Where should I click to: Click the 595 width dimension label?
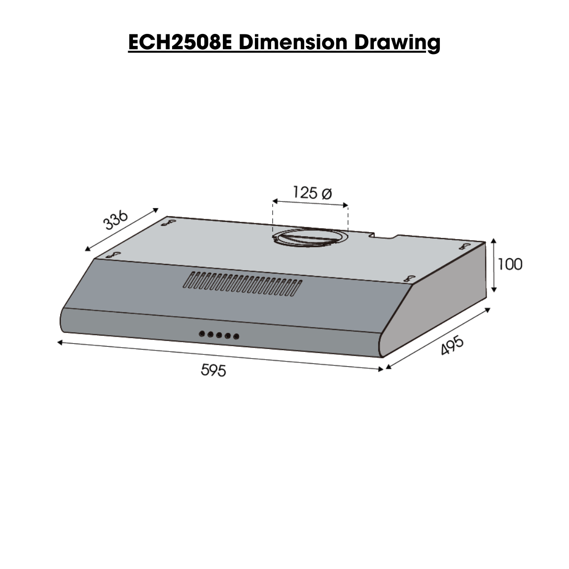pyautogui.click(x=213, y=370)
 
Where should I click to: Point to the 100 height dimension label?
pyautogui.click(x=510, y=264)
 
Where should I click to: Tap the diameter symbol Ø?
pyautogui.click(x=327, y=193)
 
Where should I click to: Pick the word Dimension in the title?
pyautogui.click(x=293, y=42)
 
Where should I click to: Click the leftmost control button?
pyautogui.click(x=201, y=334)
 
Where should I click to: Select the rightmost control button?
pyautogui.click(x=236, y=337)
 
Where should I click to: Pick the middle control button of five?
pyautogui.click(x=219, y=335)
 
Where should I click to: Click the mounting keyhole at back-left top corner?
pyautogui.click(x=167, y=222)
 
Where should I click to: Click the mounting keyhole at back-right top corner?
pyautogui.click(x=463, y=246)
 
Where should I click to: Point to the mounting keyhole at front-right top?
pyautogui.click(x=409, y=278)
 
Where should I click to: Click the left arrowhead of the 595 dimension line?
pyautogui.click(x=59, y=342)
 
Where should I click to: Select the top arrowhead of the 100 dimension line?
pyautogui.click(x=494, y=240)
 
